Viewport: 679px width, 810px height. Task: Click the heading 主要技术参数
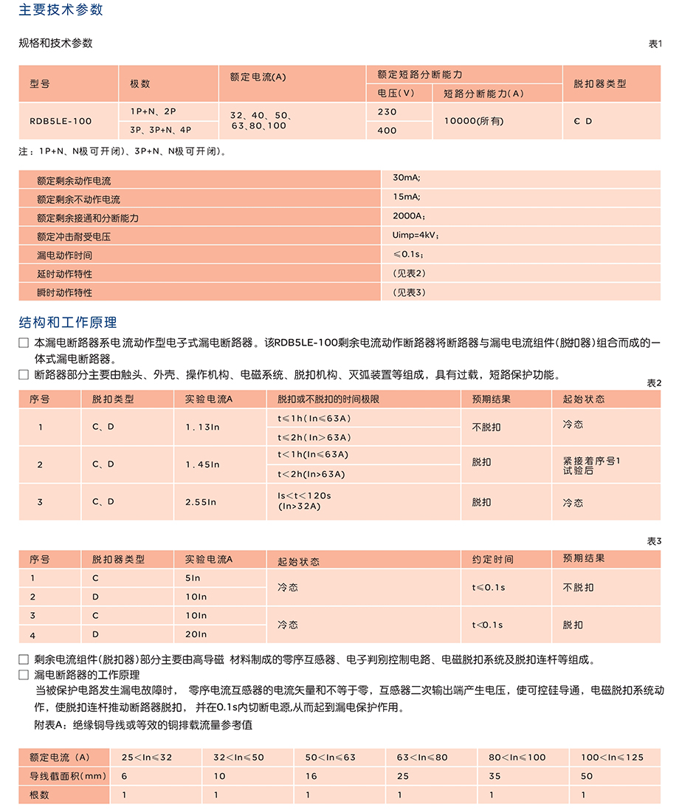[x=61, y=10]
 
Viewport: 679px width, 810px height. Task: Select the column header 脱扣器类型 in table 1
[x=599, y=83]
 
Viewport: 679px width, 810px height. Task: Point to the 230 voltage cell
[x=387, y=112]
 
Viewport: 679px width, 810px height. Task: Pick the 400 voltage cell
[x=387, y=131]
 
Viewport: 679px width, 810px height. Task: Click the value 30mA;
[x=407, y=179]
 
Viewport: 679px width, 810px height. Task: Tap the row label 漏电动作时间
[x=64, y=255]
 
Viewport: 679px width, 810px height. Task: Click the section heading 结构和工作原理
[x=67, y=323]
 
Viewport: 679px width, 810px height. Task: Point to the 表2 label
[x=654, y=382]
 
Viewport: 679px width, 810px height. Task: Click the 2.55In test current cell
[x=201, y=502]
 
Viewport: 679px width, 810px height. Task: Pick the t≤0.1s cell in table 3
[x=489, y=588]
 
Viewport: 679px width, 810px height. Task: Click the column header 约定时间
[x=492, y=560]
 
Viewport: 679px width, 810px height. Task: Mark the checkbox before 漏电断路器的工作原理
[x=24, y=675]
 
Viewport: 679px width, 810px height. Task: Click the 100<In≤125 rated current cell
[x=612, y=758]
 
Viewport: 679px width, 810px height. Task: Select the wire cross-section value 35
[x=494, y=776]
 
